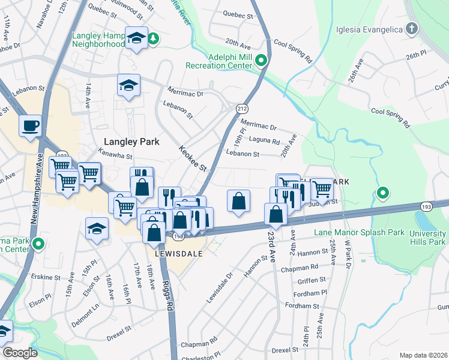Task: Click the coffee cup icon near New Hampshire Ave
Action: pyautogui.click(x=29, y=126)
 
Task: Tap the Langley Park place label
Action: pyautogui.click(x=131, y=142)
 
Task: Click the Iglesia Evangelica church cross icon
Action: pyautogui.click(x=412, y=28)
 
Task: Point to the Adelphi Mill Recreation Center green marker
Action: pyautogui.click(x=261, y=60)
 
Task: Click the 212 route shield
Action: pyautogui.click(x=242, y=109)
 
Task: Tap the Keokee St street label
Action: pyautogui.click(x=191, y=158)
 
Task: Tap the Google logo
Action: pyautogui.click(x=19, y=353)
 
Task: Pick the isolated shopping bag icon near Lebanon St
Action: pyautogui.click(x=238, y=200)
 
